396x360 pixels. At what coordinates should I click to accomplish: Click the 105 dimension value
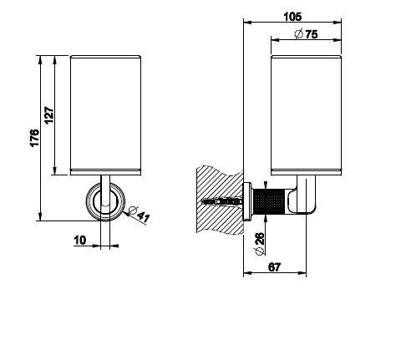(292, 17)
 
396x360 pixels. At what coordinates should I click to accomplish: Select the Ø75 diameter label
(306, 34)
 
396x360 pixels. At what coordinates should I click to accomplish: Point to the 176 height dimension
(34, 138)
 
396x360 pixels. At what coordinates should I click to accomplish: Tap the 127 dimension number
(49, 115)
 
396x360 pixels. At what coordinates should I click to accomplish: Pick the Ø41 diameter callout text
(140, 214)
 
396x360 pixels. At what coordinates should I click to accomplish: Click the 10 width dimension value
(80, 240)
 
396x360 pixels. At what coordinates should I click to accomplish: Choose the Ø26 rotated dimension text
(259, 244)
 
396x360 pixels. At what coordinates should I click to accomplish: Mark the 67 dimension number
(274, 267)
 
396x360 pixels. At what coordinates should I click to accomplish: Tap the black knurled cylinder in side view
(268, 202)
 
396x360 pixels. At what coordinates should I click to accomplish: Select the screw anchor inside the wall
(221, 201)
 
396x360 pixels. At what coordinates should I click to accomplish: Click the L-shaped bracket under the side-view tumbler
(303, 195)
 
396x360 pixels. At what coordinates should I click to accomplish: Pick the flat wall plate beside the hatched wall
(247, 201)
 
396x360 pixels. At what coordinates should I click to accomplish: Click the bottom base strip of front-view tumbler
(105, 172)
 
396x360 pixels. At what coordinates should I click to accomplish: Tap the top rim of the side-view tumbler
(306, 57)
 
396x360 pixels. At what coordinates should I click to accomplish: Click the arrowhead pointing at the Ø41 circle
(126, 214)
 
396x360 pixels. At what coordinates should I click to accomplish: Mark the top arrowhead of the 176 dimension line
(40, 59)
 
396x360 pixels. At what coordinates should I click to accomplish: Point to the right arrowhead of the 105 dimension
(337, 23)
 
